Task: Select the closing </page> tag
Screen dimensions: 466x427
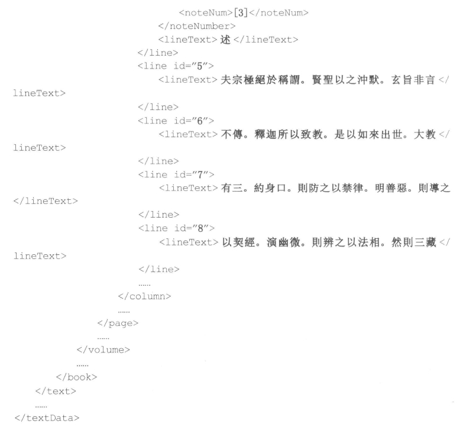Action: pos(118,322)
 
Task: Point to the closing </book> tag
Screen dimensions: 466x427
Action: pos(76,376)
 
